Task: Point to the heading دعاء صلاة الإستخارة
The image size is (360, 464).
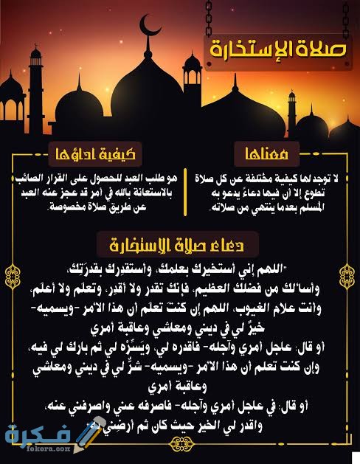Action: click(181, 243)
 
